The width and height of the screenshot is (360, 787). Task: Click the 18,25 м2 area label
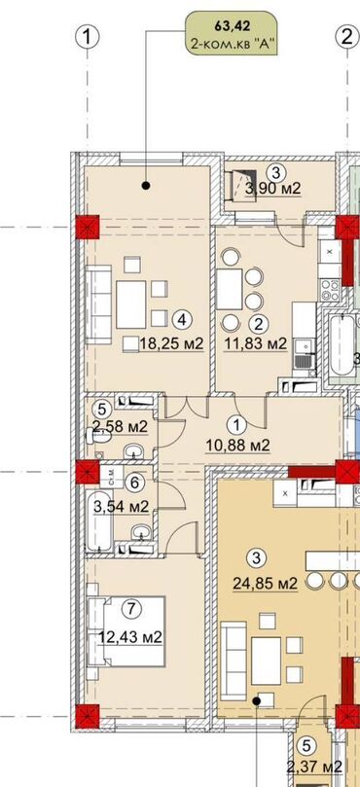coord(171,344)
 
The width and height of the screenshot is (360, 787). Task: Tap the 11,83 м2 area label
coord(255,344)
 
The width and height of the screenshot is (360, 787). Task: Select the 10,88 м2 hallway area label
coord(238,445)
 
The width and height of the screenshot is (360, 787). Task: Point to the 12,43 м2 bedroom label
coord(130,637)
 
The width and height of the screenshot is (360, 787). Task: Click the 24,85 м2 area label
coord(265,584)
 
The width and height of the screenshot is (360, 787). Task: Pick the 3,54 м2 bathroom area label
coord(121,507)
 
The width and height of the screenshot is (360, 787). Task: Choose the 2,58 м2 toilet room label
coord(120,427)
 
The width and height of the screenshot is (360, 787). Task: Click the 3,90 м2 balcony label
coord(272,189)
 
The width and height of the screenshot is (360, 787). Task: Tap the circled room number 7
coord(130,608)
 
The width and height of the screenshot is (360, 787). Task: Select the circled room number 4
coord(182,319)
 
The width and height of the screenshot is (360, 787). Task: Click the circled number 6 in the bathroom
coord(134,483)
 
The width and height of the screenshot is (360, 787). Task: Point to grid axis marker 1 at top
coord(88,37)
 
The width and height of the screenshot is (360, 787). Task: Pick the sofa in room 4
coord(98,305)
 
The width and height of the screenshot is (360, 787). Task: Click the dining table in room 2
coord(230,289)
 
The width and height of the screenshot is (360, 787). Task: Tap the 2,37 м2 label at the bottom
coord(315,767)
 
